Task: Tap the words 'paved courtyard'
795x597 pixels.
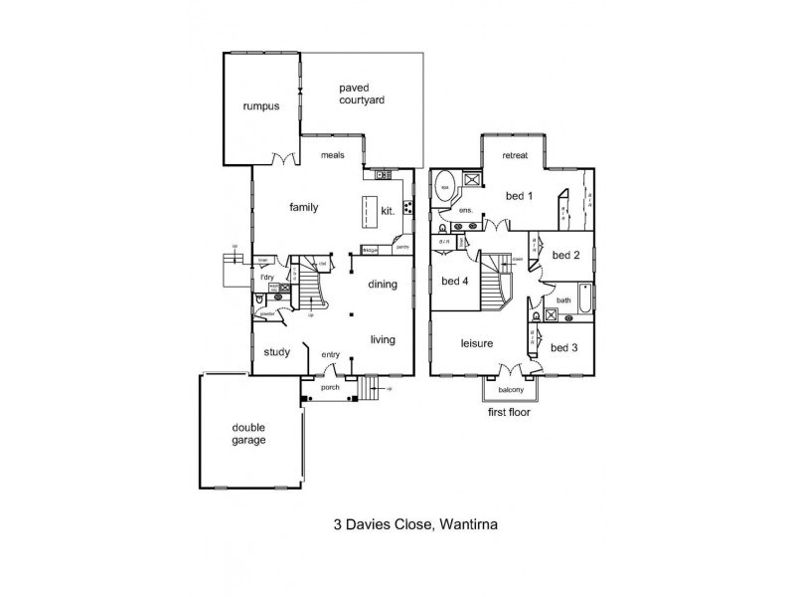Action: tap(361, 95)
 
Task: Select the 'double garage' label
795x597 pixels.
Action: tap(249, 434)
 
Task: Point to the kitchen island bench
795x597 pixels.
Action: tap(371, 212)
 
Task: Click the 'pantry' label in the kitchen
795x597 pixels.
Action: tap(402, 247)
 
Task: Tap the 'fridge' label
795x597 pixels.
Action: tap(370, 251)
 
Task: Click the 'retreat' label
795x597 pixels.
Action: tap(515, 156)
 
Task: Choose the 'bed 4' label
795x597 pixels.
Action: tap(454, 281)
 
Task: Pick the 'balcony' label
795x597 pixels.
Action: tap(511, 390)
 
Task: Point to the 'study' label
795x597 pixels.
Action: tap(276, 350)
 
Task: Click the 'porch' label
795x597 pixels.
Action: tap(330, 388)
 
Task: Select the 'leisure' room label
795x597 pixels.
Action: tap(477, 344)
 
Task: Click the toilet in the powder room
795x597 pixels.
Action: tap(259, 298)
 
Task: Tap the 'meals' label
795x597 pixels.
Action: tap(332, 156)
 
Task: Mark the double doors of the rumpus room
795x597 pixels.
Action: tap(284, 159)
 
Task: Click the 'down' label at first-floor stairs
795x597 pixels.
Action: tap(518, 260)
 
